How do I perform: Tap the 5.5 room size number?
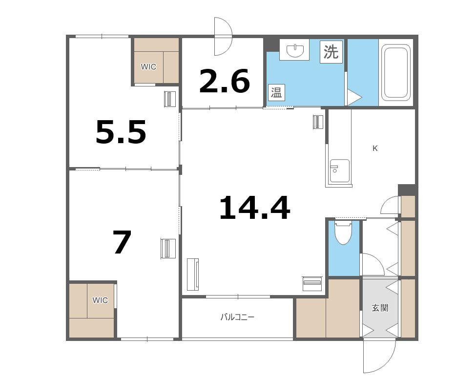click(121, 132)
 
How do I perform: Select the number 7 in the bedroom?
click(122, 242)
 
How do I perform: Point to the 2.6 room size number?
click(225, 81)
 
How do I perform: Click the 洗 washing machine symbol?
click(331, 52)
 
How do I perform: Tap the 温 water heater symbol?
click(276, 92)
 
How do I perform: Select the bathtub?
click(395, 73)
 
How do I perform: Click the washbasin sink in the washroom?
click(294, 50)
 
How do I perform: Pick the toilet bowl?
click(343, 233)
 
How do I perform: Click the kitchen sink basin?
click(340, 171)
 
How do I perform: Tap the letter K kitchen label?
click(375, 148)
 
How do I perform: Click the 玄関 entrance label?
click(380, 308)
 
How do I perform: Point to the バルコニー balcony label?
click(237, 317)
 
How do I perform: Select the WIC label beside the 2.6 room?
click(148, 66)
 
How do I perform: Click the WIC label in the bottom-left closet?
click(100, 300)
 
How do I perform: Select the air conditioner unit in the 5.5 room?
click(170, 99)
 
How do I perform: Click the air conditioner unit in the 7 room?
click(168, 248)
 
